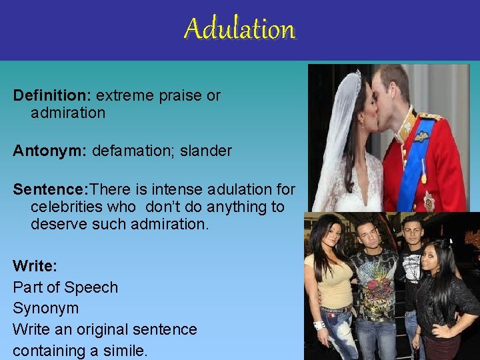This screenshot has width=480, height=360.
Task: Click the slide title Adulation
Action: click(x=239, y=29)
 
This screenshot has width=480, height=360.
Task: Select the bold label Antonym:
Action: click(x=49, y=151)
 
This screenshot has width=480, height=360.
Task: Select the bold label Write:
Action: click(x=35, y=266)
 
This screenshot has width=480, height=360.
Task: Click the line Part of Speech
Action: click(x=65, y=287)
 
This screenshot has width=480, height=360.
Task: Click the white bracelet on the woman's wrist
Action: click(x=319, y=325)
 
